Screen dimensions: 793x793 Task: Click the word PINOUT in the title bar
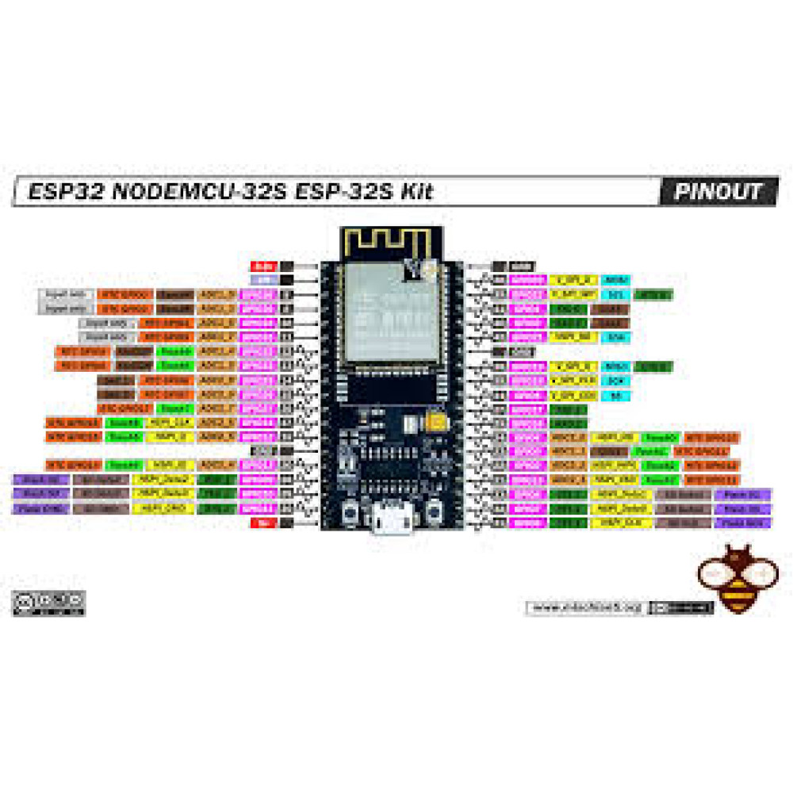pos(718,192)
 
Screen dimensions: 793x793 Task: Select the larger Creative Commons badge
pos(48,602)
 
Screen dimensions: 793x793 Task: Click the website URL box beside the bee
pos(586,607)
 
